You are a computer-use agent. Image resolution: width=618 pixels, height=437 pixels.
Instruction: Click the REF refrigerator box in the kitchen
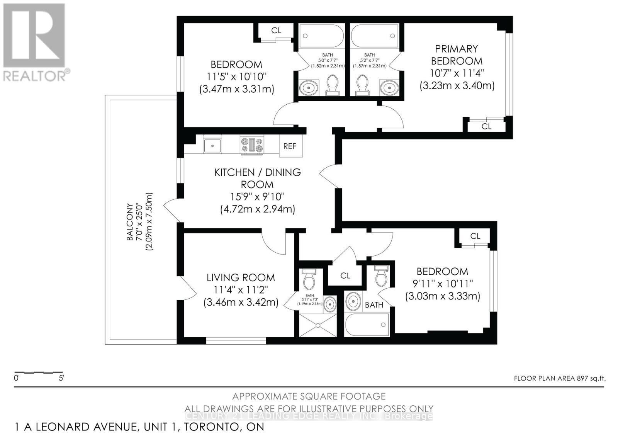point(290,146)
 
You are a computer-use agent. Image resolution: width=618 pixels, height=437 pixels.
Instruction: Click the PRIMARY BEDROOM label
point(457,55)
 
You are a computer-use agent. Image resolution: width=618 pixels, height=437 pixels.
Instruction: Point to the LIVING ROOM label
point(241,277)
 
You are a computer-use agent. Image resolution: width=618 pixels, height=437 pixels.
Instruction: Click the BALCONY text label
point(130,222)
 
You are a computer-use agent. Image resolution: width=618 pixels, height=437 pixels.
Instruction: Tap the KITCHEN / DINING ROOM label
point(258,178)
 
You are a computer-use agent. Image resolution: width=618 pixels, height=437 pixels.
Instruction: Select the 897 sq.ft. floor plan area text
point(560,378)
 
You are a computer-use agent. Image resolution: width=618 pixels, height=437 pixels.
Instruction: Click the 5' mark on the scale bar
point(61,378)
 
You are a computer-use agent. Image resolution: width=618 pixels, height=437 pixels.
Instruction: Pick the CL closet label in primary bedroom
point(486,126)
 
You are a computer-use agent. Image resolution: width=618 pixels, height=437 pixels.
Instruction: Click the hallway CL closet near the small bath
point(345,275)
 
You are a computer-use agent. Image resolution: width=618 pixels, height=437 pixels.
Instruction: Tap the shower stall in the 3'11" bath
point(318,325)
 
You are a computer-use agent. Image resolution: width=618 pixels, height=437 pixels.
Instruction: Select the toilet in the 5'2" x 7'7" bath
point(362,84)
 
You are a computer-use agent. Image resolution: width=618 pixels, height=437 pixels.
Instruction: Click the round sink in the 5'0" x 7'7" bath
point(309,87)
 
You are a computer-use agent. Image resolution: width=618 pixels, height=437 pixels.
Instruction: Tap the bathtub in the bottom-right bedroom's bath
point(367,324)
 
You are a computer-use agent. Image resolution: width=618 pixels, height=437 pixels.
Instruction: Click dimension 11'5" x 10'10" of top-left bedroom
point(236,77)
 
